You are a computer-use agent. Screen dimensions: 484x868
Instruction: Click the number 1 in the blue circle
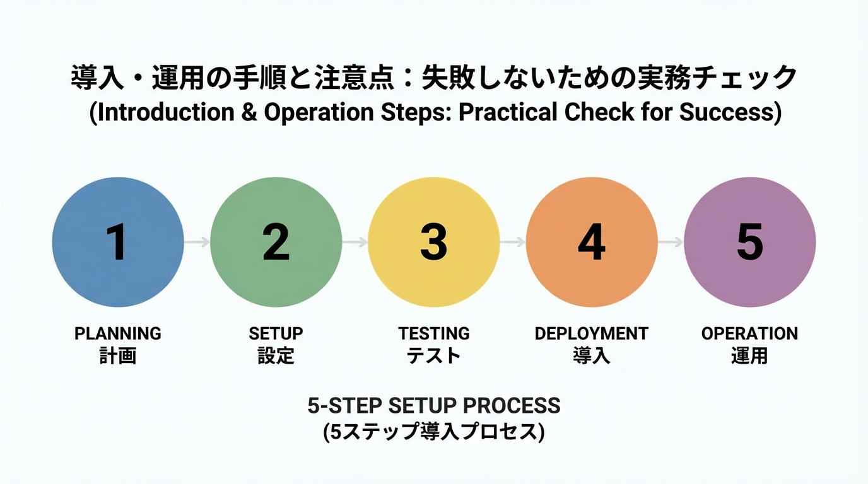click(x=117, y=243)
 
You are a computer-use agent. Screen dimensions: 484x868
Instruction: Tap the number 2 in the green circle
click(x=276, y=243)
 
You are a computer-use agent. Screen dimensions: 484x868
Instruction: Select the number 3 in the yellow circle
click(x=433, y=243)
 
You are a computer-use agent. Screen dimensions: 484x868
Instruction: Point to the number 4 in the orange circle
click(x=592, y=243)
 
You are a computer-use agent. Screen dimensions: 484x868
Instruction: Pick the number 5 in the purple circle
click(x=749, y=243)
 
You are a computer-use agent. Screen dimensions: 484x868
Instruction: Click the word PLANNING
click(x=118, y=333)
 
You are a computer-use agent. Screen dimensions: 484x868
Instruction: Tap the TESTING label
click(x=434, y=333)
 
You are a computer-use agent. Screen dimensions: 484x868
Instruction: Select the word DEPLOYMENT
click(x=592, y=333)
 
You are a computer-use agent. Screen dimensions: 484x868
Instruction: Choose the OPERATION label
click(x=749, y=333)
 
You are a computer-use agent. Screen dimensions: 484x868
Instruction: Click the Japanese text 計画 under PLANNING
click(x=118, y=356)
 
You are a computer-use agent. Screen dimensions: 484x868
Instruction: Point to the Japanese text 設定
click(x=276, y=356)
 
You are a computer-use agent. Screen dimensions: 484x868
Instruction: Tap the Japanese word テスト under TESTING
click(x=434, y=356)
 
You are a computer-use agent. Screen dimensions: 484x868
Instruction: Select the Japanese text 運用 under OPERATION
click(x=749, y=356)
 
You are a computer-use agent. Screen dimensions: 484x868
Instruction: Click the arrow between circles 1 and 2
click(x=197, y=242)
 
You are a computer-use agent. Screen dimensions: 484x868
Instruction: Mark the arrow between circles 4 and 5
click(x=671, y=242)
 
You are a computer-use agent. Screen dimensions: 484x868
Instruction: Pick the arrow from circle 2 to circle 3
click(x=355, y=242)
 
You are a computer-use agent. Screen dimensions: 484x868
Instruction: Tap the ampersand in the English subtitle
click(x=250, y=112)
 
